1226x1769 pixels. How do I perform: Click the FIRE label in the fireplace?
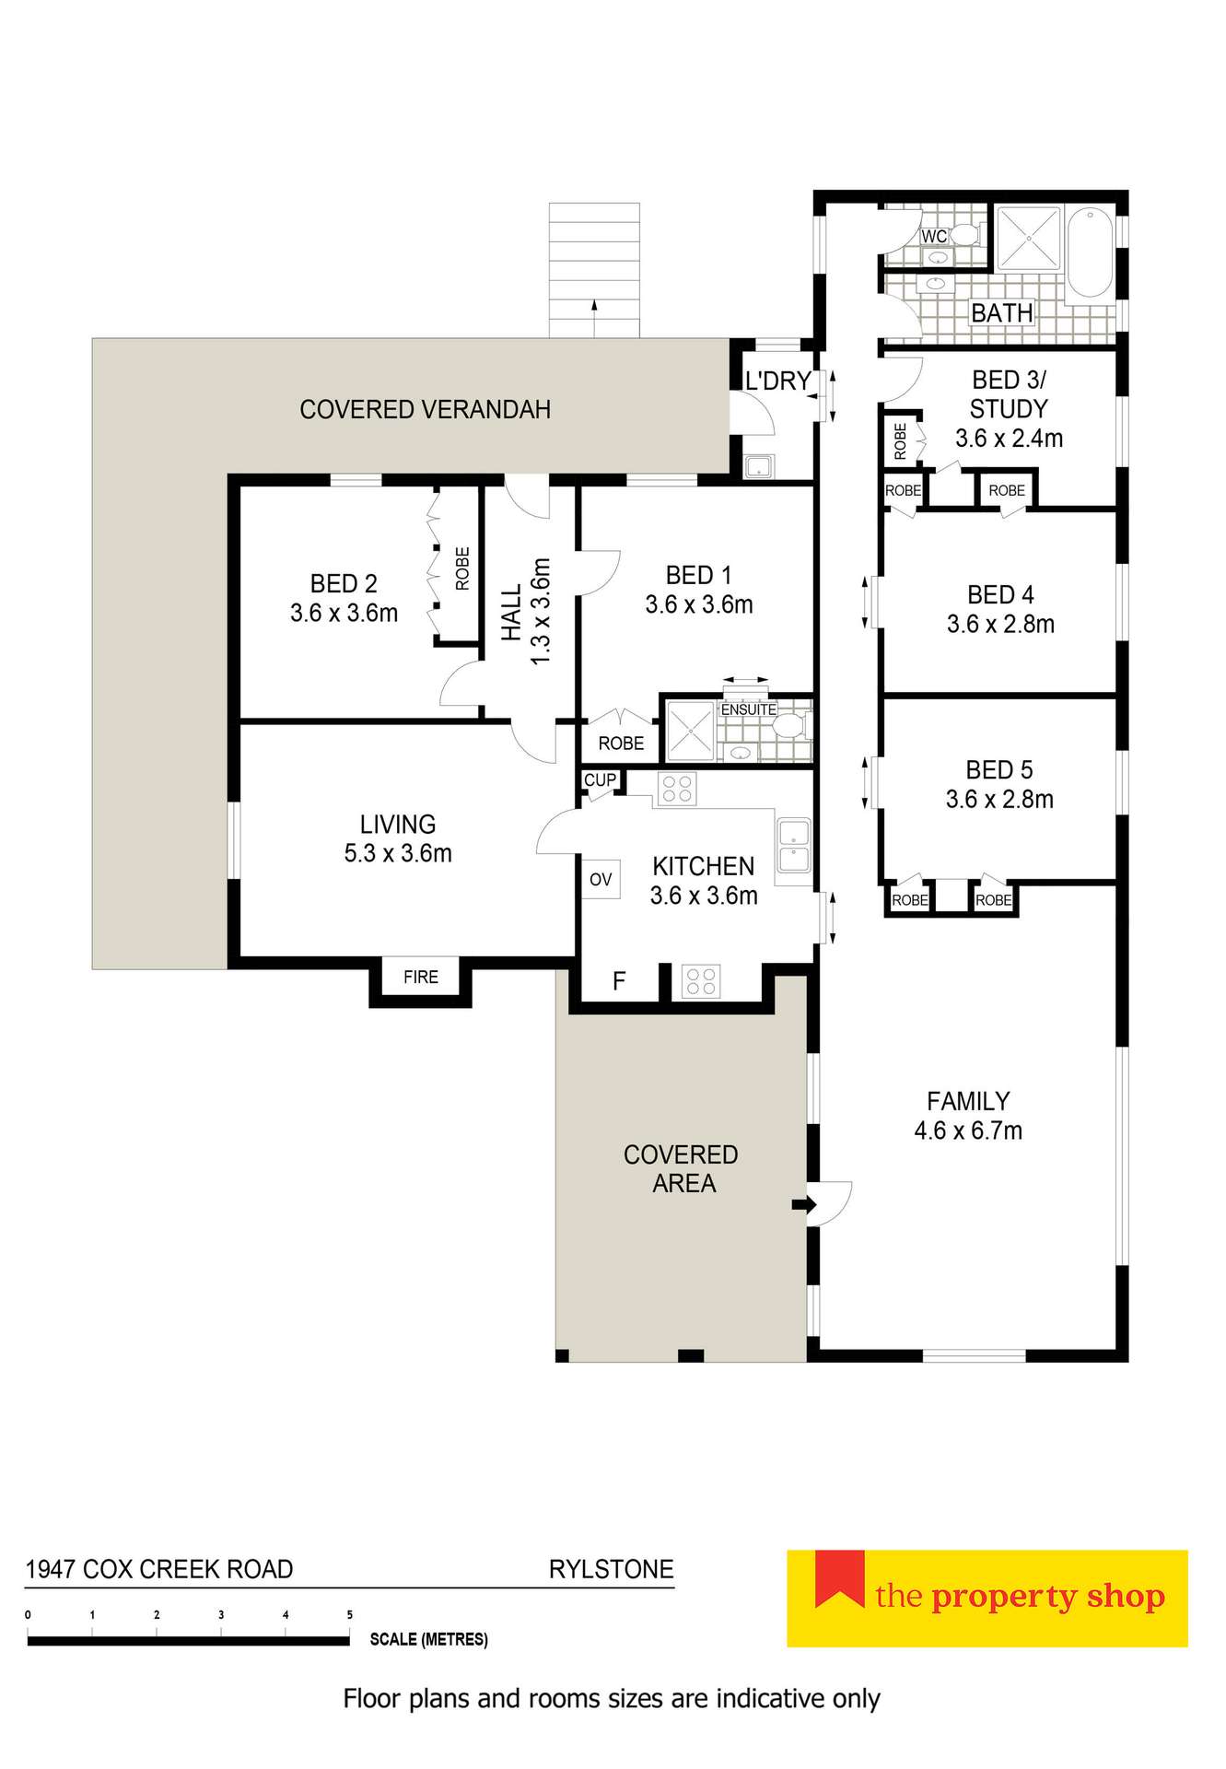pos(420,977)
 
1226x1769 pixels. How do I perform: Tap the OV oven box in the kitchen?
pos(601,880)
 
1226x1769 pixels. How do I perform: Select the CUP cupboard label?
pos(600,780)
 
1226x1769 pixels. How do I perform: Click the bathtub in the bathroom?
pos(1091,252)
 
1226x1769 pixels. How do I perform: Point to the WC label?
pos(933,237)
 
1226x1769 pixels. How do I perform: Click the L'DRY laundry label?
pos(777,381)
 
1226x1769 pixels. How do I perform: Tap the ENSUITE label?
pos(748,709)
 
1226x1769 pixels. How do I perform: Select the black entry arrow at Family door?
pos(803,1204)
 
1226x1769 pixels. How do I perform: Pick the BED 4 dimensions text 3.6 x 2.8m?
pos(1000,625)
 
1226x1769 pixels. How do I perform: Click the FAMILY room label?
pos(968,1101)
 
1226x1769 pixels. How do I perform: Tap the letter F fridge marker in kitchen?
pos(619,981)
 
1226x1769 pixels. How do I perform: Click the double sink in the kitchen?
pos(793,846)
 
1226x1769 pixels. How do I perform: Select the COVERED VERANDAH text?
pos(425,409)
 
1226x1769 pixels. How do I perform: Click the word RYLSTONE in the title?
pos(611,1569)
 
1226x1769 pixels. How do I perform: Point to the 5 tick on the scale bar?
pos(349,1615)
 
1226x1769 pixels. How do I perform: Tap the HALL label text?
pos(512,613)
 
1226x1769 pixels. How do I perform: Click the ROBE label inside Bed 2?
pos(462,568)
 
